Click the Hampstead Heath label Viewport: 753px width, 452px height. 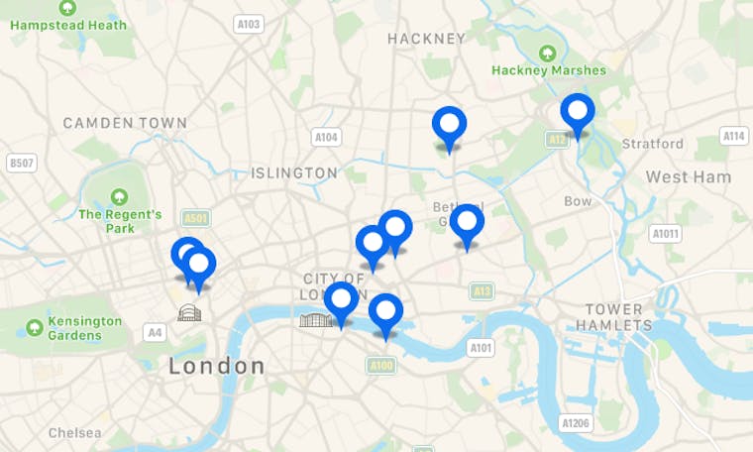point(68,24)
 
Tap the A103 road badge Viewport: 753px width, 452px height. point(250,24)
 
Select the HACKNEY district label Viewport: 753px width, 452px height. point(426,39)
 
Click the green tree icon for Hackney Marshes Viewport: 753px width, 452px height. point(547,52)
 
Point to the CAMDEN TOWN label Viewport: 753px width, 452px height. point(125,123)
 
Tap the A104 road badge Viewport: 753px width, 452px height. point(325,137)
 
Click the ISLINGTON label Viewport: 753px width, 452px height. point(294,173)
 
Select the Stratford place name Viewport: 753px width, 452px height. point(652,144)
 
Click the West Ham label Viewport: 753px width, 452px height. point(688,177)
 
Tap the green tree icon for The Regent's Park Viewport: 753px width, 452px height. point(120,196)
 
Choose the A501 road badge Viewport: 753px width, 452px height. point(196,218)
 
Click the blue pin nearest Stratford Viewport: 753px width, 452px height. point(578,112)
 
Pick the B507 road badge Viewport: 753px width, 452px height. point(21,163)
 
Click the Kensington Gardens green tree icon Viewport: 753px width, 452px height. point(35,327)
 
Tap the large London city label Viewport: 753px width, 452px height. point(217,366)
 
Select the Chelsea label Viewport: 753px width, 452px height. point(75,433)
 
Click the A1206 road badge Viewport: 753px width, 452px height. point(576,423)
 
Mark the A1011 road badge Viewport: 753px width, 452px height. point(666,234)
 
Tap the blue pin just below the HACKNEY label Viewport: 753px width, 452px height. point(449,126)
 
